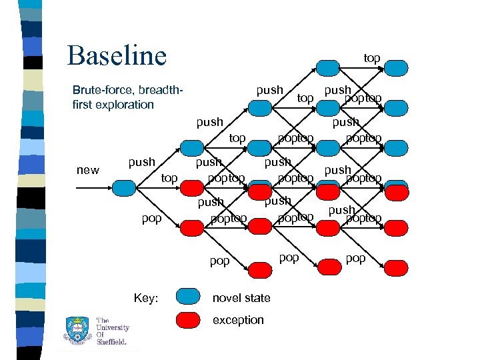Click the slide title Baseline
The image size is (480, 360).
click(x=117, y=55)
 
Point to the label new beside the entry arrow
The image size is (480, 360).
click(x=88, y=170)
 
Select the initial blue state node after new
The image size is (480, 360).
click(x=123, y=187)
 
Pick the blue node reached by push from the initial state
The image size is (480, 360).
click(x=192, y=147)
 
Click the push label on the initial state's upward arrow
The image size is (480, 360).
click(x=141, y=162)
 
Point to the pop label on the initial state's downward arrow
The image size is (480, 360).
click(x=151, y=219)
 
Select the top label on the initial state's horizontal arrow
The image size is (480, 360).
click(x=169, y=178)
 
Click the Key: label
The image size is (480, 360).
click(x=146, y=298)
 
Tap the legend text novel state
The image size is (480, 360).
click(x=241, y=298)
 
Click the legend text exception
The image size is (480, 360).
click(x=238, y=320)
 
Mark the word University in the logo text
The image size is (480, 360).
click(x=113, y=327)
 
